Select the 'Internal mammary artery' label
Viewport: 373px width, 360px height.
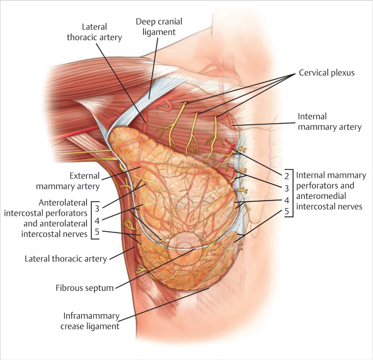[x=329, y=121]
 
